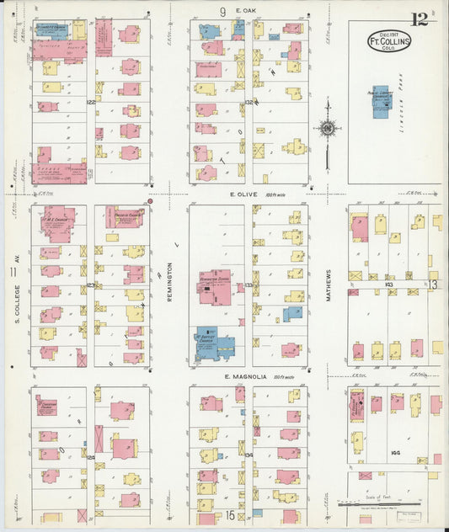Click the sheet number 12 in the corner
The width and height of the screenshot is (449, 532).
point(419,19)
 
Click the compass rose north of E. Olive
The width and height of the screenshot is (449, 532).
point(327,128)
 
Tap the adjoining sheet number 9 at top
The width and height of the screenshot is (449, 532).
point(223,11)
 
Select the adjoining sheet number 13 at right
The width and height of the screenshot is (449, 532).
point(433,285)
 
